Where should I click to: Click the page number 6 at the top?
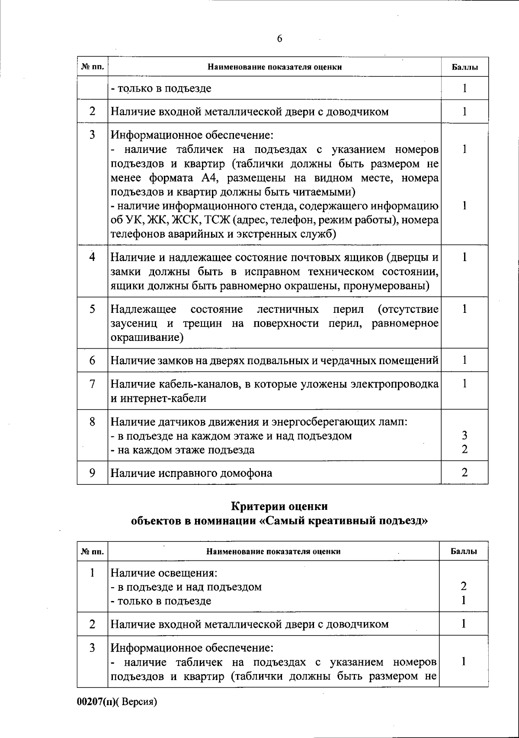coord(279,39)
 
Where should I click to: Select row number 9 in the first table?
coord(92,473)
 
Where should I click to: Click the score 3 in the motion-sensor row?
coord(465,436)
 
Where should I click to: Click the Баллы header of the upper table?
coord(465,67)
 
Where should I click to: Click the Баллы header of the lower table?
coord(464,551)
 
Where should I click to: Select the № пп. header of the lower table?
coord(92,551)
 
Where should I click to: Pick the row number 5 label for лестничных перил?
coord(92,309)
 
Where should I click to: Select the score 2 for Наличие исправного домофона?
coord(465,472)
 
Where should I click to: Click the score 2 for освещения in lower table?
coord(464,586)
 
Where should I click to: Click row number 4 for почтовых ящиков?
coord(92,258)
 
